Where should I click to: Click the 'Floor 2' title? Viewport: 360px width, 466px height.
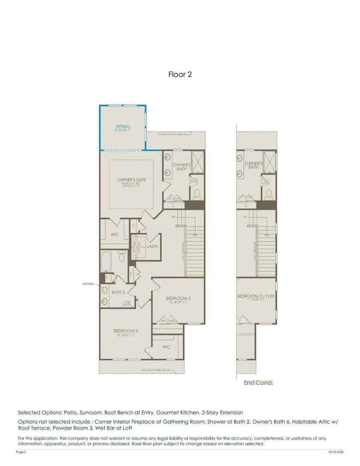pyautogui.click(x=180, y=74)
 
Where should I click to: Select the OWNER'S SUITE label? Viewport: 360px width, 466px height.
pyautogui.click(x=131, y=180)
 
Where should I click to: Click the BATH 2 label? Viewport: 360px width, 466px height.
pyautogui.click(x=118, y=292)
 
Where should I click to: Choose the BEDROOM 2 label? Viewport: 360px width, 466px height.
pyautogui.click(x=126, y=331)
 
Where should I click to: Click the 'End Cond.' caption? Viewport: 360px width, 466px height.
pyautogui.click(x=258, y=383)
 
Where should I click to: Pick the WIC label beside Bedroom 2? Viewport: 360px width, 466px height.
pyautogui.click(x=166, y=347)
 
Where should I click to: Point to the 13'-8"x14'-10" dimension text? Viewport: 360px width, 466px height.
pyautogui.click(x=131, y=184)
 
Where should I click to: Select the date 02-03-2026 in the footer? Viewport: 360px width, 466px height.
pyautogui.click(x=336, y=452)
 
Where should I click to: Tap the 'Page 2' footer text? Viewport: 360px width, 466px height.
pyautogui.click(x=21, y=452)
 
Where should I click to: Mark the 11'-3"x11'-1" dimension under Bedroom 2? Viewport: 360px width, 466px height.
pyautogui.click(x=126, y=335)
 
